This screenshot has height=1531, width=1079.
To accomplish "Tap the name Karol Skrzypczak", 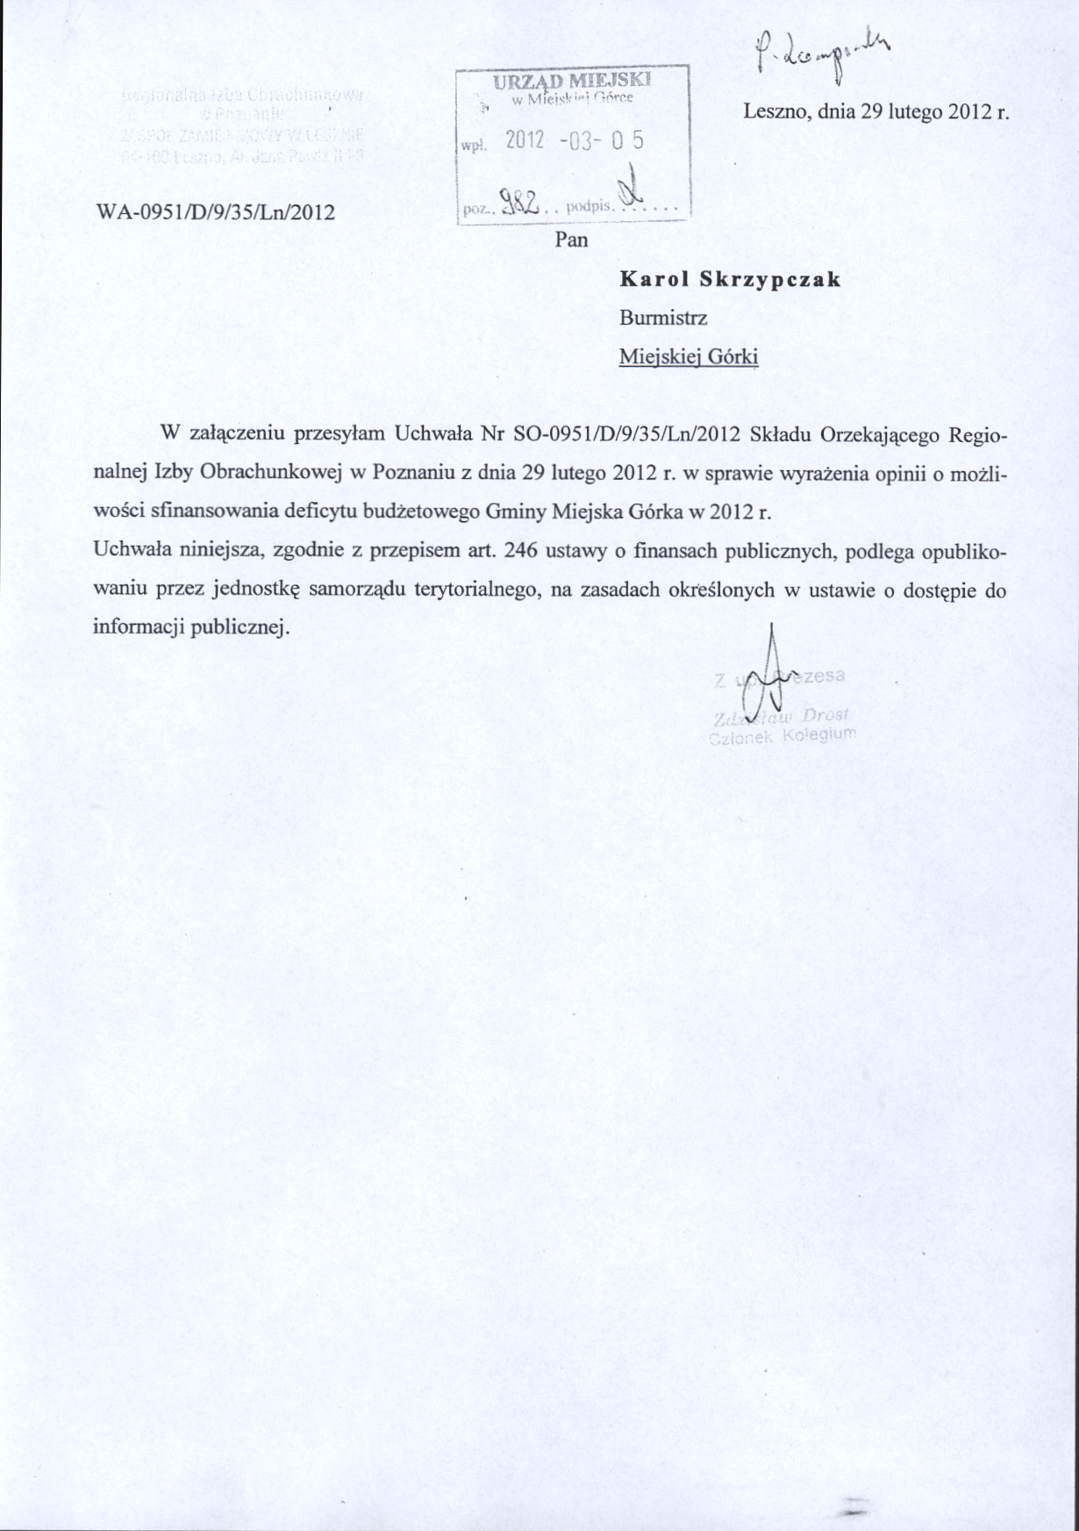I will point(730,280).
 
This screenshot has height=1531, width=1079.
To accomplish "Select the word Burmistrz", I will point(662,318).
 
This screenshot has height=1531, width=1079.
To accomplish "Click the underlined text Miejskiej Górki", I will point(689,357).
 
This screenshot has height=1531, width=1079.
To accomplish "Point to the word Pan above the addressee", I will point(571,240).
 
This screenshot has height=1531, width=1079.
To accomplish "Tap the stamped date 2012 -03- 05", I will point(575,140).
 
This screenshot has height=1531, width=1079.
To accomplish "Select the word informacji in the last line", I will point(133,628).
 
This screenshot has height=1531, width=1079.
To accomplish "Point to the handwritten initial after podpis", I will point(629,194).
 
